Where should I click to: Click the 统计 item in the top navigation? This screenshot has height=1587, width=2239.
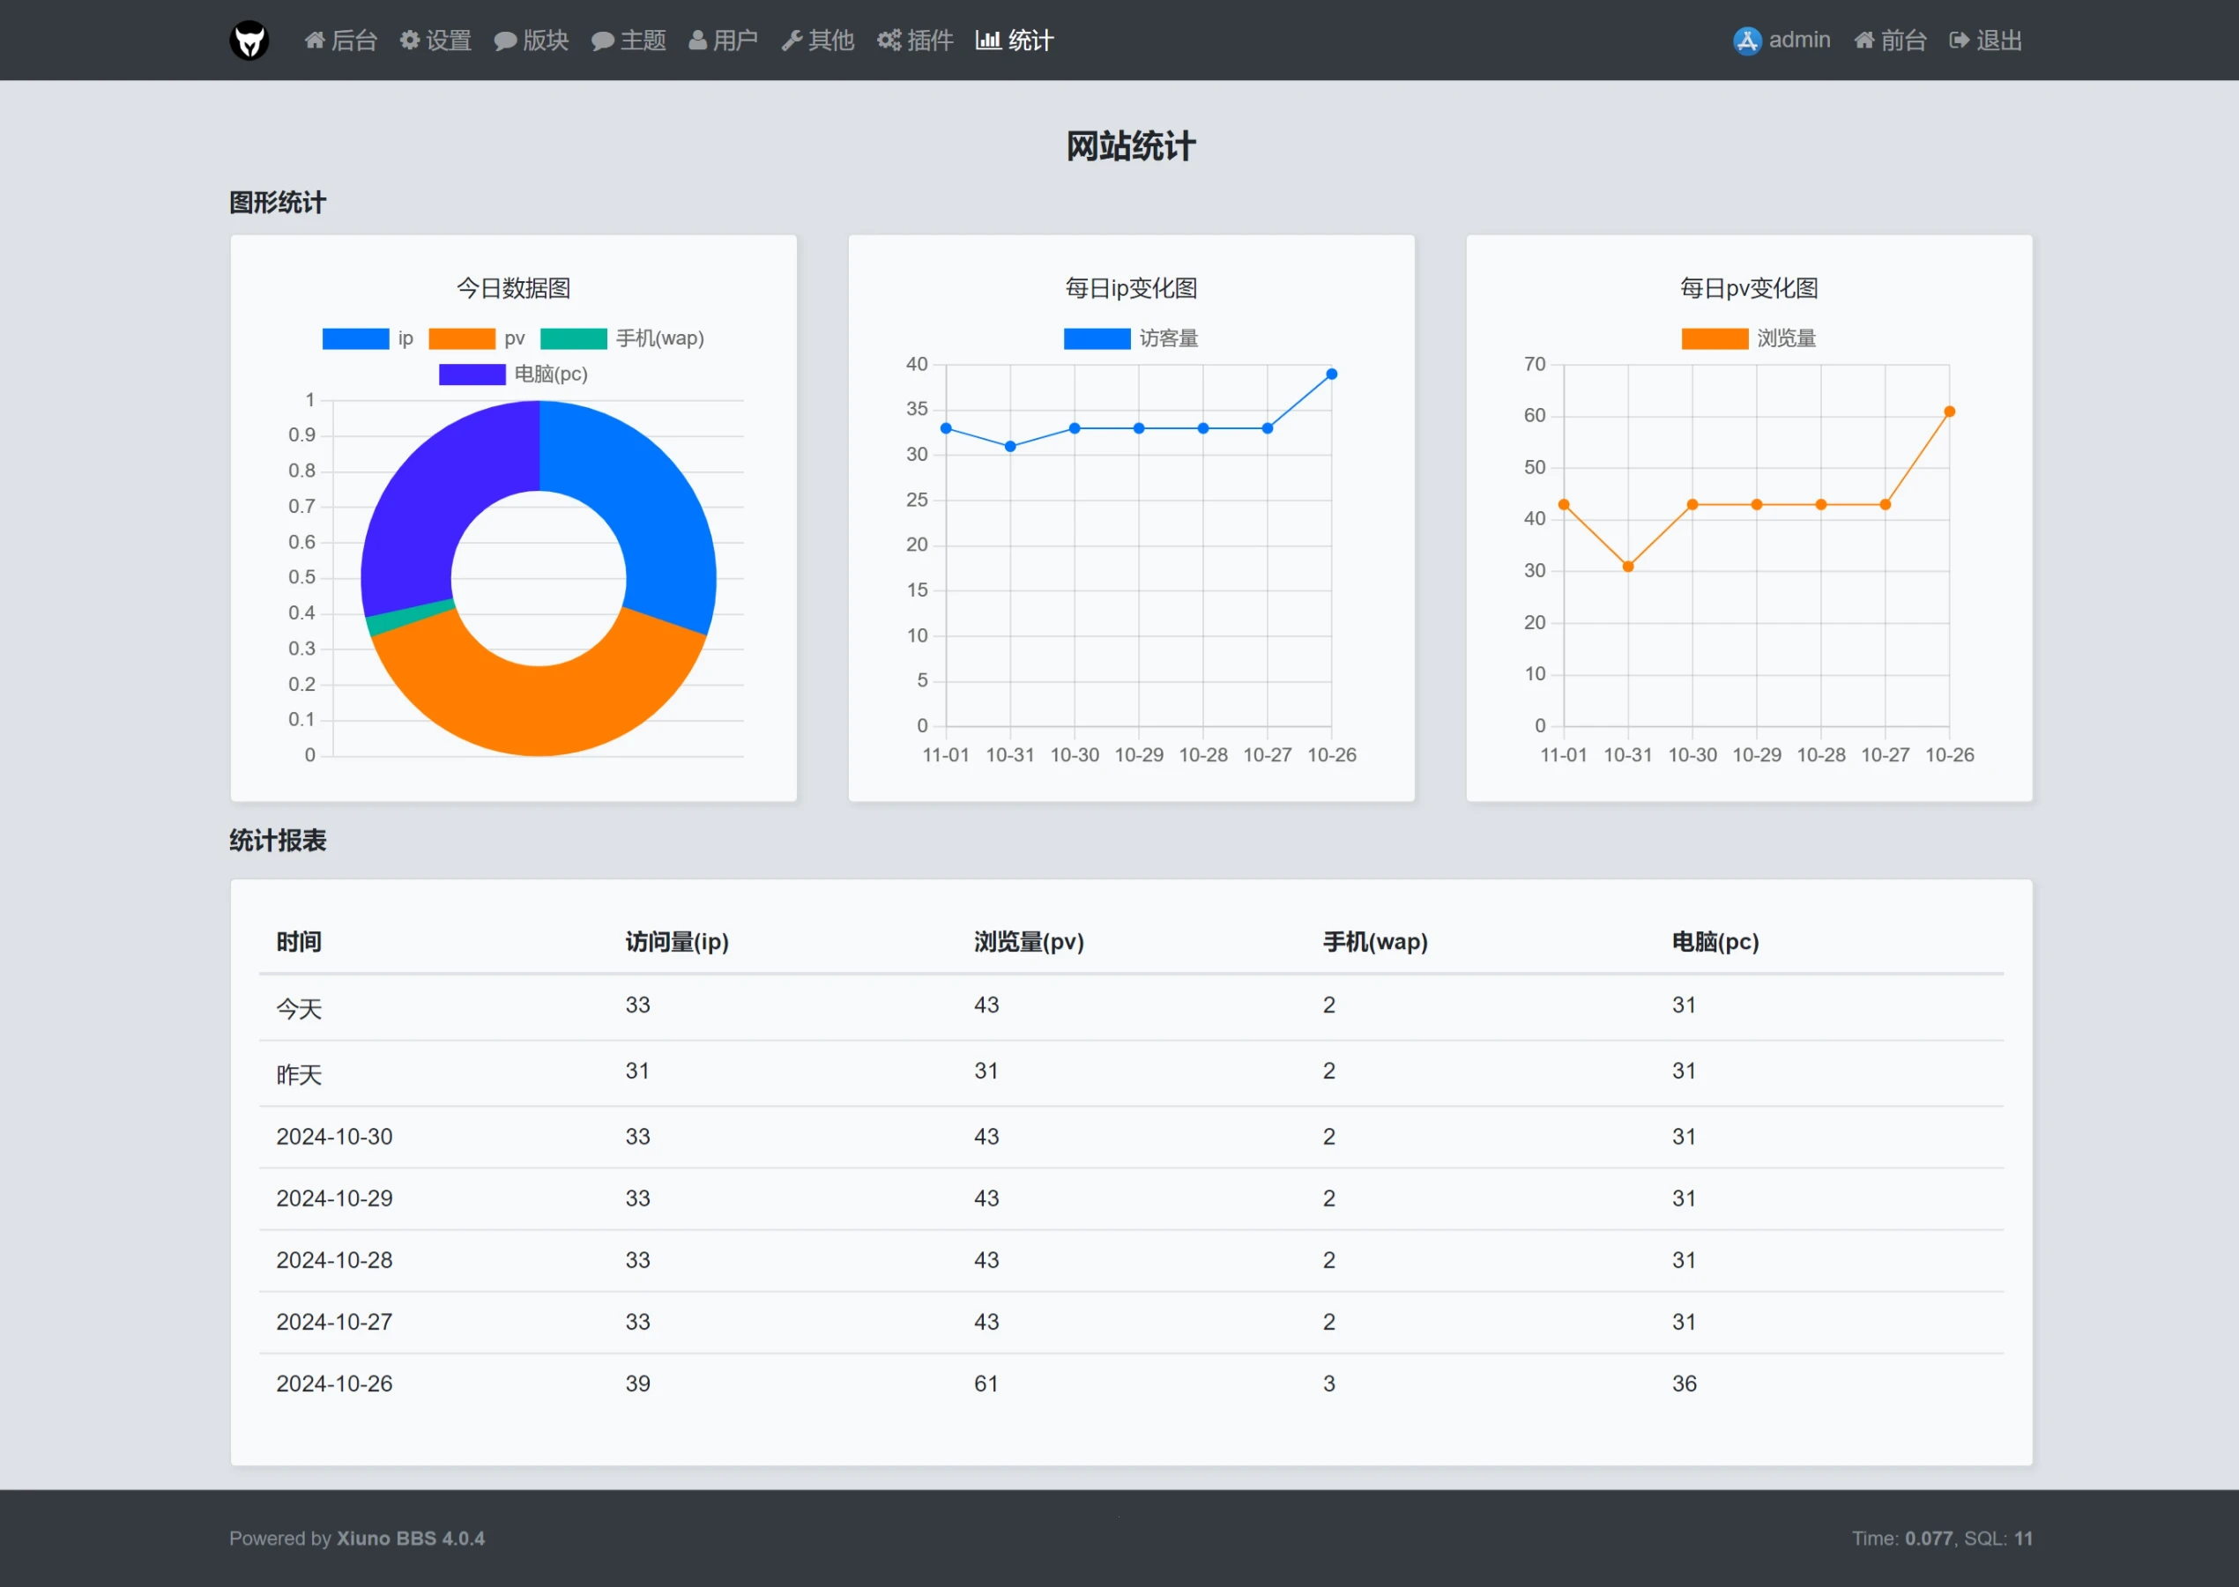(x=1015, y=40)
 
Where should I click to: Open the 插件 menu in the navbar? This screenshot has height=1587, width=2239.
(x=915, y=40)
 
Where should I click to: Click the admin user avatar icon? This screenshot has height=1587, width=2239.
(x=1746, y=40)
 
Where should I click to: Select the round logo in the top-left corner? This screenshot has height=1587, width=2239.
(x=249, y=40)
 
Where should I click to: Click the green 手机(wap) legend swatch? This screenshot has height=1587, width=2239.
(x=574, y=338)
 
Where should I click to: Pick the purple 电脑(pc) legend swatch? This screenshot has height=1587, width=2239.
(x=472, y=375)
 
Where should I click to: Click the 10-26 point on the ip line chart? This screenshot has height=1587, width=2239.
(x=1331, y=375)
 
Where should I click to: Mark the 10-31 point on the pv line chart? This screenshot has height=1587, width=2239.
(x=1628, y=567)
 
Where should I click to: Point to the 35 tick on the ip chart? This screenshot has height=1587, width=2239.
(x=917, y=410)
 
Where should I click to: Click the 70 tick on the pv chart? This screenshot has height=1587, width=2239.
(x=1535, y=365)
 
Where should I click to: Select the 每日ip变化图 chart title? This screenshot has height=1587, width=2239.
(x=1131, y=288)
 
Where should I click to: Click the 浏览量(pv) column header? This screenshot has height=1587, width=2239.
(x=1029, y=942)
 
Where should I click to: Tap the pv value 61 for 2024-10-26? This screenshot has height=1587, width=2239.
(x=986, y=1383)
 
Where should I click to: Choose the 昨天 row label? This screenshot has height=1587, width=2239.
(x=299, y=1075)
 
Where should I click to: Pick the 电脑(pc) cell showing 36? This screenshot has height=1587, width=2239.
(x=1684, y=1383)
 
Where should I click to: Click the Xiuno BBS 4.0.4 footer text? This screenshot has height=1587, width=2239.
(x=411, y=1539)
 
